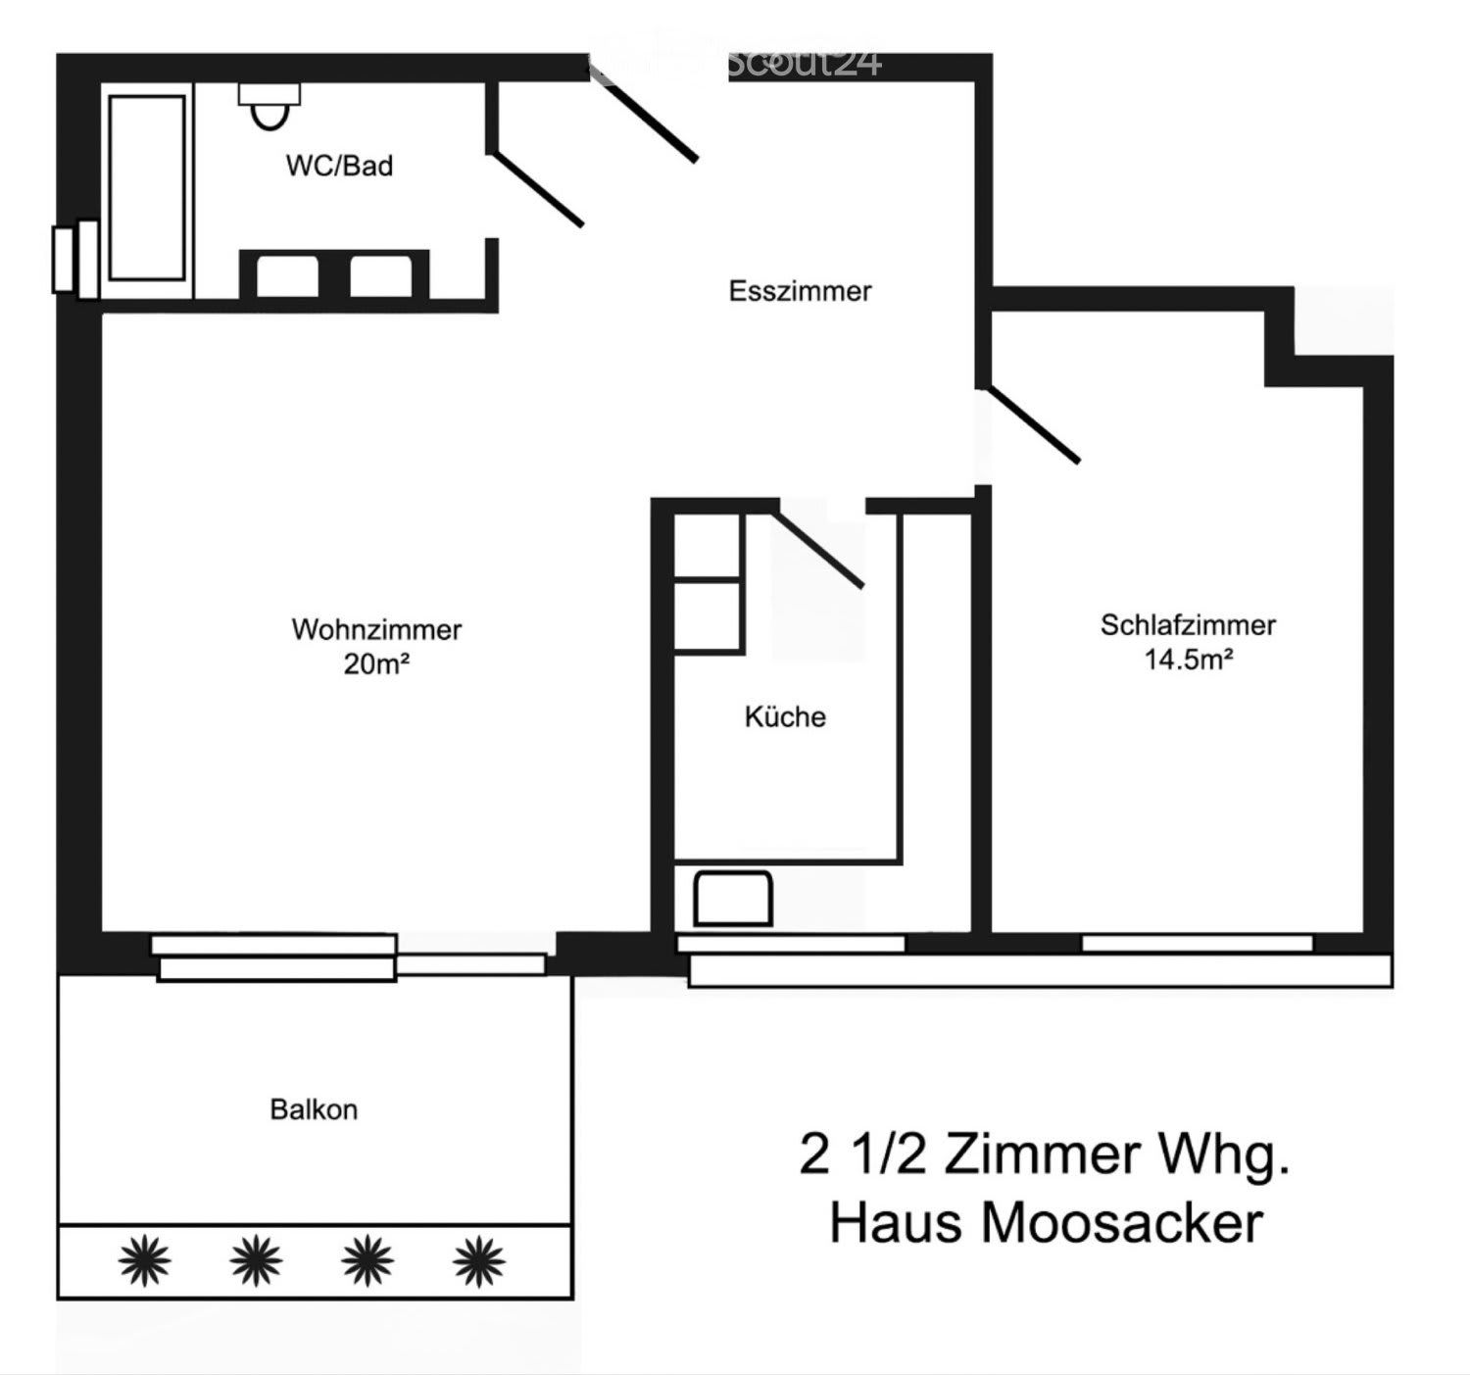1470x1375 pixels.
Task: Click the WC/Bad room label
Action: (339, 166)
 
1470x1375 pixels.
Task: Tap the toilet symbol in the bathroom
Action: (269, 106)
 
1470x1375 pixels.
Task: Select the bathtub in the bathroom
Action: (147, 188)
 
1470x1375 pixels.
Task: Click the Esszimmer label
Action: (800, 291)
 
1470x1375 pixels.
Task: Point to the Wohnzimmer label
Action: (376, 629)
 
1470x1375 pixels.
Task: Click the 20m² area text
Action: (376, 664)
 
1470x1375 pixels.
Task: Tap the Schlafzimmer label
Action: (1188, 625)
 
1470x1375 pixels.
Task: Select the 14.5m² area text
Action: (1189, 659)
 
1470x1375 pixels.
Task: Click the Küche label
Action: (785, 716)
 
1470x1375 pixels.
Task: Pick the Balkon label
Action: (314, 1109)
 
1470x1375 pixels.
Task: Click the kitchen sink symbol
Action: (733, 898)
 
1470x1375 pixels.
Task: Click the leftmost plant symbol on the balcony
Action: (144, 1260)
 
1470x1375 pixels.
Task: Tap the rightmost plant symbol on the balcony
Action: (479, 1260)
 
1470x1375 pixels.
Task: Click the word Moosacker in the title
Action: (1122, 1223)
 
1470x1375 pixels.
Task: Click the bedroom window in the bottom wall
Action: (1198, 944)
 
